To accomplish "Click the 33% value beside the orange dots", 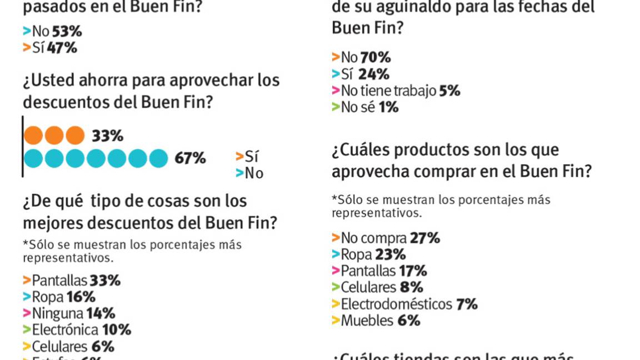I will tap(107, 136).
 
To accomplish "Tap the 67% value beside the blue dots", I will tap(190, 158).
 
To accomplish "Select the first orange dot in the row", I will tap(33, 136).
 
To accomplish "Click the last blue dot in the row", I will tap(158, 158).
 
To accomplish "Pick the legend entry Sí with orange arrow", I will tap(248, 157).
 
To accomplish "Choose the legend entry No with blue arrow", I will tap(249, 173).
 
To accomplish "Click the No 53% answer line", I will tap(53, 31).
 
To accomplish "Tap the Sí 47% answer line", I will tap(50, 48).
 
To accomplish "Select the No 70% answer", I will tap(362, 57).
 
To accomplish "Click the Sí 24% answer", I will tap(361, 74).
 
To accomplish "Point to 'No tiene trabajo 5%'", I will tap(396, 91).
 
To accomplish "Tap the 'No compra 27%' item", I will tap(386, 238).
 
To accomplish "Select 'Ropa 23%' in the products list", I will tap(369, 254).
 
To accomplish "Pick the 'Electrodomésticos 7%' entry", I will tap(405, 304).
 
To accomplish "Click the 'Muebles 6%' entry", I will tap(376, 321).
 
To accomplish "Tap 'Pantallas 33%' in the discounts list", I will tap(72, 281).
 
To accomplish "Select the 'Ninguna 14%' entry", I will tap(69, 313).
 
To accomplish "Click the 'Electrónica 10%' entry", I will tap(77, 330).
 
